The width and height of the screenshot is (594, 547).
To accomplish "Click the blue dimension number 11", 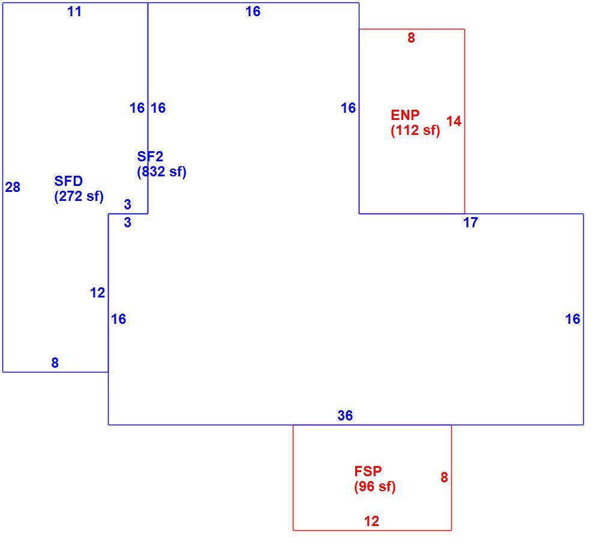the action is pos(74,11).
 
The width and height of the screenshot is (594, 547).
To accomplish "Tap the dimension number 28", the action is pos(13,187).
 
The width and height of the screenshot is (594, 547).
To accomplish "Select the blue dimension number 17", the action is pos(470,223).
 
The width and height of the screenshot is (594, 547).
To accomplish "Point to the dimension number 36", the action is pos(345,416).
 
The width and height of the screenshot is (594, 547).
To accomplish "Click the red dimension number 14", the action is pos(454,121).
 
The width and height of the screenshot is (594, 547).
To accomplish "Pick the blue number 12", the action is pos(97,293).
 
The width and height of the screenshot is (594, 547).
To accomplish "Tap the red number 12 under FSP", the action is pos(371,521).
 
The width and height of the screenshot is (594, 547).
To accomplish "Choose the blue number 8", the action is pos(55,363).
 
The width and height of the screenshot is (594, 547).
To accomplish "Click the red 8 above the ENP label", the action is pos(411,38).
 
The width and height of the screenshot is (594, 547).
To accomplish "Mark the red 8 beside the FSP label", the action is pos(444,477).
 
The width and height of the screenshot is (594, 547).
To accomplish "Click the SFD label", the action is pos(68,181).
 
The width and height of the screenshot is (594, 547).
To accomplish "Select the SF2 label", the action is pos(150,157).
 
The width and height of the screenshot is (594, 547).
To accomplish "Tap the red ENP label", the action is pos(405,115).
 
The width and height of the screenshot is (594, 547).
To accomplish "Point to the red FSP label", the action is pos(368,471).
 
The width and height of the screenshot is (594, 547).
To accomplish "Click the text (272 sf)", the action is pos(79,196).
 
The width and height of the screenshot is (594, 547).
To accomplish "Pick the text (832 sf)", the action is pos(162,172).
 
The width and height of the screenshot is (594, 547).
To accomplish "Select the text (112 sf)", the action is pos(416,130).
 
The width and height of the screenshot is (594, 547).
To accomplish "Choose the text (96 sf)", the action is pos(375,486).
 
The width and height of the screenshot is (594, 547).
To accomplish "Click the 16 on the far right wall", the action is pos(572,319).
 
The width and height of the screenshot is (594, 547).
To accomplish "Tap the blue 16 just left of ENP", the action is pos(348,108).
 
